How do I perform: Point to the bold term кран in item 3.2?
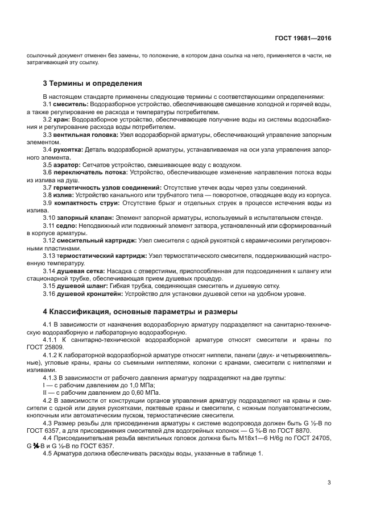pyautogui.click(x=63, y=120)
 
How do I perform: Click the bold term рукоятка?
pyautogui.click(x=68, y=150)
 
